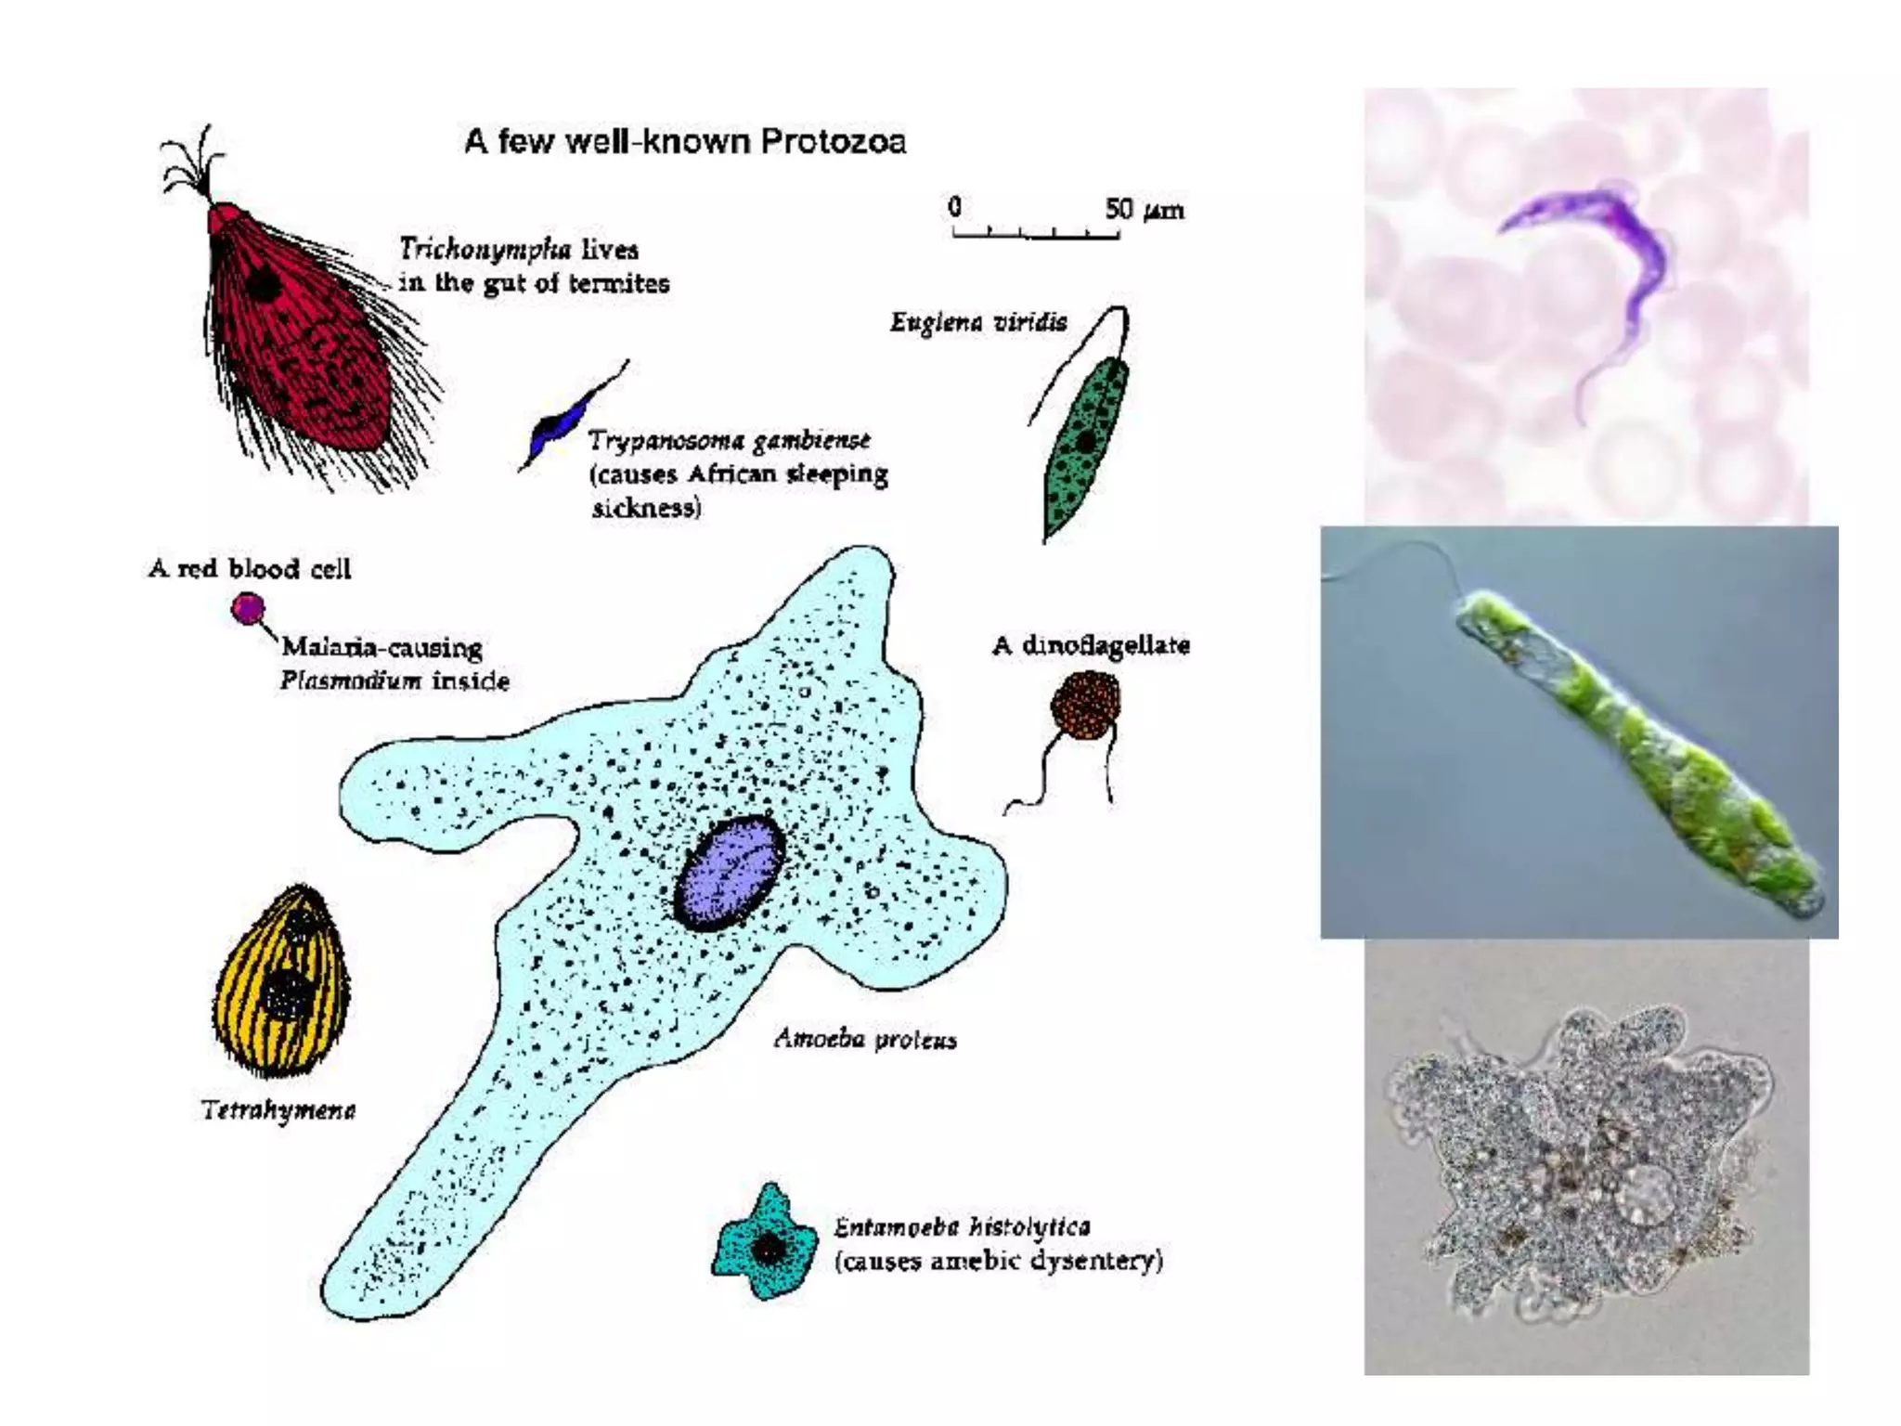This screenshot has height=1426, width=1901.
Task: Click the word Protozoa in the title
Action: click(x=832, y=142)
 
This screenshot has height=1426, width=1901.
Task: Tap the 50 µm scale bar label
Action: click(x=1144, y=210)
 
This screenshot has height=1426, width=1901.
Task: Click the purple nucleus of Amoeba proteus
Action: click(x=729, y=873)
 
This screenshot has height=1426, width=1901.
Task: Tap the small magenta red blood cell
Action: click(x=248, y=609)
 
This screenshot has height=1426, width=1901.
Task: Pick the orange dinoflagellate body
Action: click(x=1085, y=706)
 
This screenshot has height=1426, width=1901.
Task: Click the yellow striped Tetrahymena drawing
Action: click(x=283, y=984)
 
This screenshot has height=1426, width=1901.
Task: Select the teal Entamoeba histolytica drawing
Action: click(x=766, y=1244)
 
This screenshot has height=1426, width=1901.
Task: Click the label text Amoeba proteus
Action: click(x=865, y=1039)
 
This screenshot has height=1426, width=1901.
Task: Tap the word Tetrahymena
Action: click(x=278, y=1110)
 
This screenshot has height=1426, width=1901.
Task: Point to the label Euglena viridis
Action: click(x=978, y=322)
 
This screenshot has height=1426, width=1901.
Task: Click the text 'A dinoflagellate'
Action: click(x=1091, y=645)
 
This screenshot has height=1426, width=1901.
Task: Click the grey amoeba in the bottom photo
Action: click(x=1578, y=1160)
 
